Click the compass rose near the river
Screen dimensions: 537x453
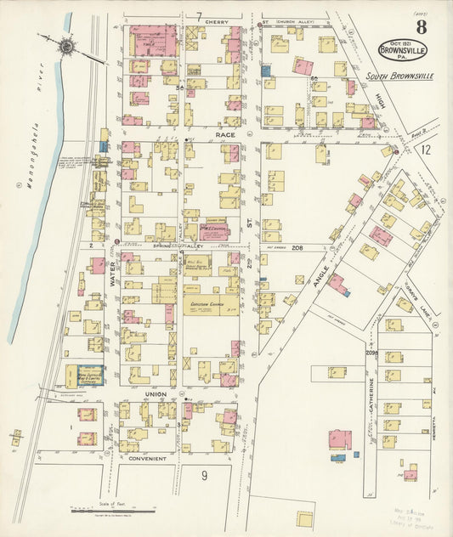[67, 47]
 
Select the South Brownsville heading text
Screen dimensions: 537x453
[399, 76]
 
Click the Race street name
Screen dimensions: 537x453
[225, 134]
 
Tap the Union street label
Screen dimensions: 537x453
[155, 395]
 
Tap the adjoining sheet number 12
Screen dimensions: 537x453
[426, 150]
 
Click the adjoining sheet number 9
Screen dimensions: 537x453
[204, 475]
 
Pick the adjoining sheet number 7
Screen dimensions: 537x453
[198, 16]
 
